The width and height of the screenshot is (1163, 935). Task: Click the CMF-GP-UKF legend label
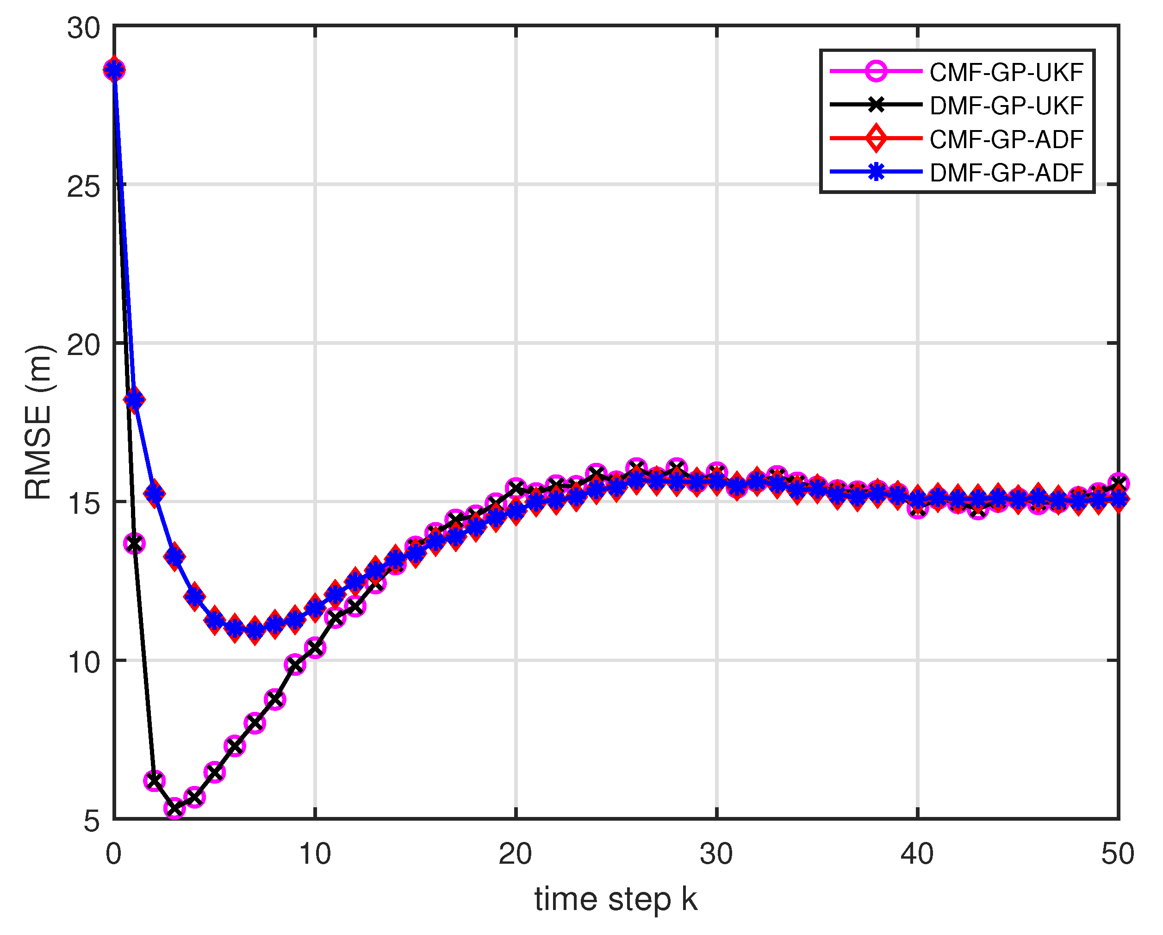coord(1007,72)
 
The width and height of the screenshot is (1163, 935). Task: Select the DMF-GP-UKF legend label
coord(1007,106)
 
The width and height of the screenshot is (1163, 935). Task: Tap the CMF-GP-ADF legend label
coord(1007,139)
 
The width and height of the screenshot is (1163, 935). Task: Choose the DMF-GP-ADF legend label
coord(1007,173)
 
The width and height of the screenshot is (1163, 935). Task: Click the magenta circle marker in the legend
coord(876,71)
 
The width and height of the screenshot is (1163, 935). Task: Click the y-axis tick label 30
coord(84,28)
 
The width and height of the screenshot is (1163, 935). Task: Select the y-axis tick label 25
coord(84,187)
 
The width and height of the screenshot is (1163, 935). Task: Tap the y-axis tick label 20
coord(84,345)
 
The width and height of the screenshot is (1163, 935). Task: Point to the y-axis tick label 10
coord(84,662)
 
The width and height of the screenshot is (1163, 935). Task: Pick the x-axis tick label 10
coord(315,854)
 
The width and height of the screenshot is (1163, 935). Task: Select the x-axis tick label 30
coord(717,854)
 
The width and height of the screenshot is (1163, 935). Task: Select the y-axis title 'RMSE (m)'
coord(39,423)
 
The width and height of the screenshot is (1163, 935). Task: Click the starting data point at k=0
coord(114,69)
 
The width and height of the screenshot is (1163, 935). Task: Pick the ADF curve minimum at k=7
coord(255,630)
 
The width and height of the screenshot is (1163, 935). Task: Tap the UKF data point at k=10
coord(315,648)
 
